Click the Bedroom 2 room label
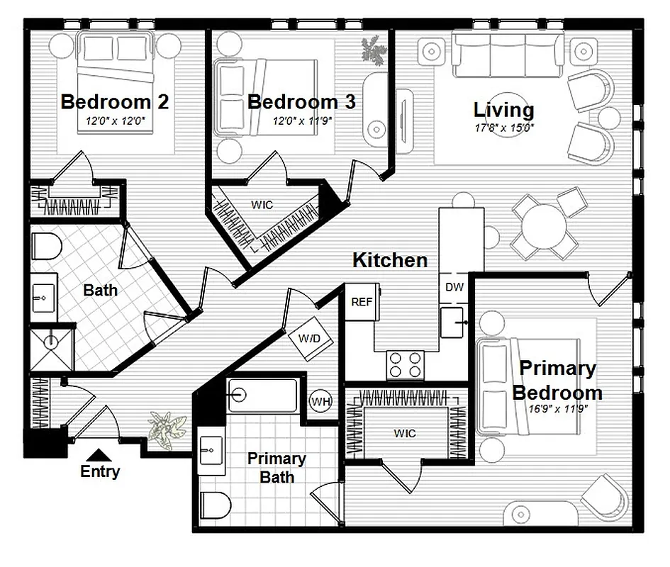click(x=114, y=102)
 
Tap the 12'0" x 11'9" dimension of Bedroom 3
click(x=303, y=121)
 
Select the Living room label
click(x=503, y=110)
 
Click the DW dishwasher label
click(x=454, y=287)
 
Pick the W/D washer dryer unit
click(x=309, y=339)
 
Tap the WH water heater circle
click(x=321, y=402)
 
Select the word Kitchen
click(x=390, y=260)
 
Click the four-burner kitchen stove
click(x=405, y=365)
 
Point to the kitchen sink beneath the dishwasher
click(x=454, y=322)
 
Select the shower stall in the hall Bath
click(x=51, y=349)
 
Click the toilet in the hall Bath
click(x=47, y=245)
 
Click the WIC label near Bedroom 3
click(x=262, y=205)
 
